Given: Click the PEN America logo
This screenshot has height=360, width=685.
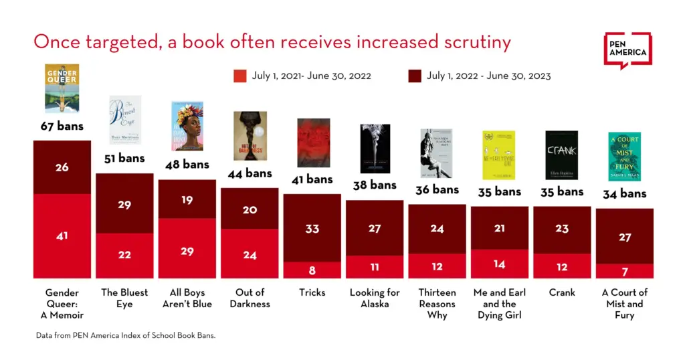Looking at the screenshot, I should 627,50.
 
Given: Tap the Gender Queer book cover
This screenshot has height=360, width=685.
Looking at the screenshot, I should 62,88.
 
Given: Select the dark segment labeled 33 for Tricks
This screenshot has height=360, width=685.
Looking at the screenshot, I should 312,228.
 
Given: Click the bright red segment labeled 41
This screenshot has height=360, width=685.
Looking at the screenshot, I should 62,236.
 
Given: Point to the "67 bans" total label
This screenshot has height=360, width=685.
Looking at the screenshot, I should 62,126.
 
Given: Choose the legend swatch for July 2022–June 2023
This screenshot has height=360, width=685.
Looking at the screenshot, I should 415,76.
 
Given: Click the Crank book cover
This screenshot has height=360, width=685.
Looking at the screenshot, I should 561,155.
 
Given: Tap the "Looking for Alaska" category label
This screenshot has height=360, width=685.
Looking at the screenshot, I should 375,298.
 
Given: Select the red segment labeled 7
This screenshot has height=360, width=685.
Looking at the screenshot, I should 624,271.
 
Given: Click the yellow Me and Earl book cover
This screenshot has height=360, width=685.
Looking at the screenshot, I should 499,155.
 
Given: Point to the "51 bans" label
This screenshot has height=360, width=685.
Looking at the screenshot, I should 124,159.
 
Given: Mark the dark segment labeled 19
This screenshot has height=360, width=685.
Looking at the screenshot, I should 187,199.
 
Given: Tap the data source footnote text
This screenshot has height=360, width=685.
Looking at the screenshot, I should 126,335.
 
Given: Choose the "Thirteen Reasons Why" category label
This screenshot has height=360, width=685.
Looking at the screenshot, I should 437,303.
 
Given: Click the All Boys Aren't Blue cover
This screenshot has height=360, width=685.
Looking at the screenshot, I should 187,126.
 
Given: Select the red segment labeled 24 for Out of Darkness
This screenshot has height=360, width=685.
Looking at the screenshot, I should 249,254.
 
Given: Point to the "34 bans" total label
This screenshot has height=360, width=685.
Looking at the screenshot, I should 624,193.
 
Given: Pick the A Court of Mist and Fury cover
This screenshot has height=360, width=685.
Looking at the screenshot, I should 624,156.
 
